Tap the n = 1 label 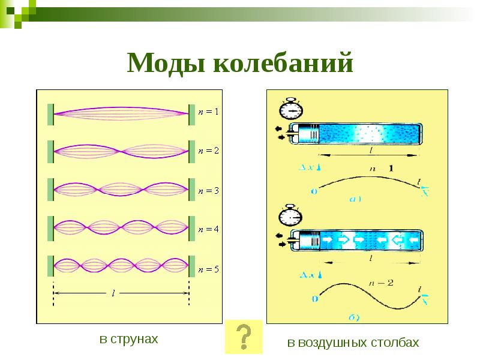pyautogui.click(x=209, y=112)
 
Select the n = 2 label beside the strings pyautogui.click(x=209, y=151)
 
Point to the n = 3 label pyautogui.click(x=209, y=190)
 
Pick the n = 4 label pyautogui.click(x=209, y=229)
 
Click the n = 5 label pyautogui.click(x=209, y=268)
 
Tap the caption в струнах pyautogui.click(x=129, y=340)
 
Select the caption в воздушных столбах pyautogui.click(x=352, y=343)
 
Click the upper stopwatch pyautogui.click(x=291, y=109)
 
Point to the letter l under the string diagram pyautogui.click(x=114, y=293)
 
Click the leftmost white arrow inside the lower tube pyautogui.click(x=327, y=239)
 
